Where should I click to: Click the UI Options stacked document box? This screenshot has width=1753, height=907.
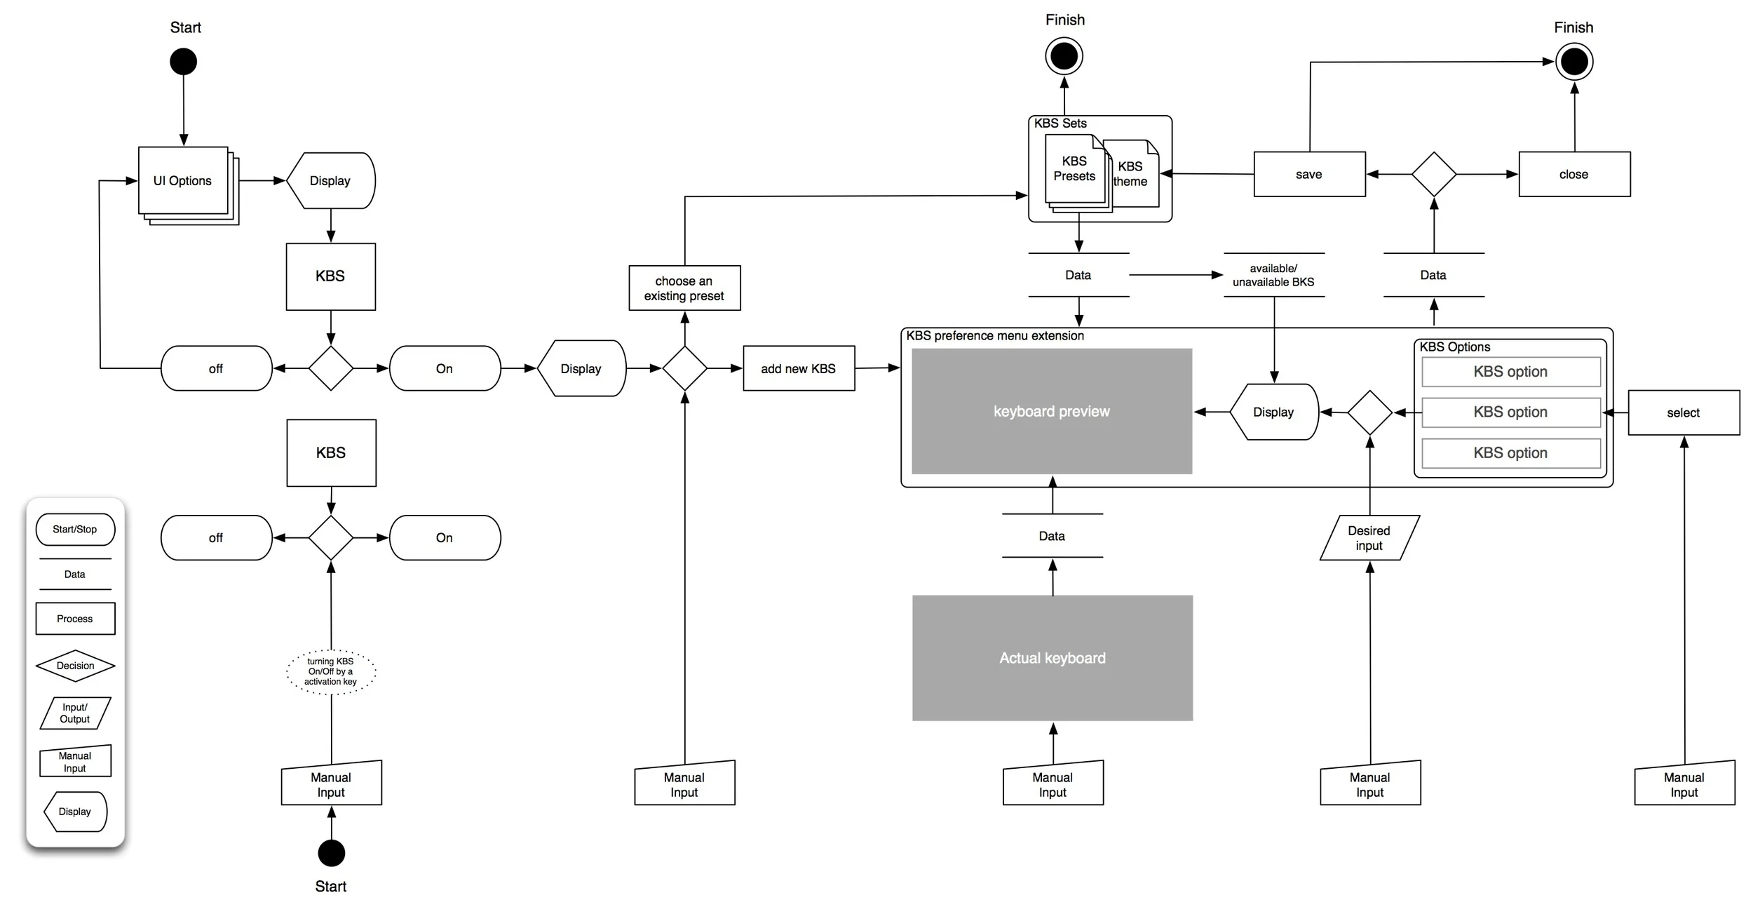[183, 181]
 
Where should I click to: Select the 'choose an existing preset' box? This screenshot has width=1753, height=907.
[684, 288]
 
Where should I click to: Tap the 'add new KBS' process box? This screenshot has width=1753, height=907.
[799, 368]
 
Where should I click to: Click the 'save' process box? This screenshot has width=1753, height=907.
[1309, 175]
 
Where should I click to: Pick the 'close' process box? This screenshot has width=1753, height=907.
[1574, 175]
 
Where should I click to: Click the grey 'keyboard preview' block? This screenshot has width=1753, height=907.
[1051, 412]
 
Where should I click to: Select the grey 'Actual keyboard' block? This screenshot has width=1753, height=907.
[1052, 658]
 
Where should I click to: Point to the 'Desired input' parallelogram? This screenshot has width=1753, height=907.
[1369, 538]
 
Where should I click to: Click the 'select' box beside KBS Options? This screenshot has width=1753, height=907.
[1683, 413]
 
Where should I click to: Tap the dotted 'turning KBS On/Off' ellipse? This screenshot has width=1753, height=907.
[331, 671]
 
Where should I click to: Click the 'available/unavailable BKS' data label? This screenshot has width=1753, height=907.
[1273, 275]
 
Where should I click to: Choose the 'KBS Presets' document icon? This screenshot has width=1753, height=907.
[1074, 169]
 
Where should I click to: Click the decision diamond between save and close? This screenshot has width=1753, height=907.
[1433, 175]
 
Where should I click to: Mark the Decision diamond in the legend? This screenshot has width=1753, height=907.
[75, 666]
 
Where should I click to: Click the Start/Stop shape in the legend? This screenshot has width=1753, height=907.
[75, 530]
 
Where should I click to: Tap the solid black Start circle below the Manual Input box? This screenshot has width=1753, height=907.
[331, 853]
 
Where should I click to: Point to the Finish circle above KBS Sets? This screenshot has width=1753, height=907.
[1064, 57]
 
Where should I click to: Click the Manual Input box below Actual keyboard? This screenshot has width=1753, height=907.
[1053, 784]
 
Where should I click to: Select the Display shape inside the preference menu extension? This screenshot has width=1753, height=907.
[1274, 412]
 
